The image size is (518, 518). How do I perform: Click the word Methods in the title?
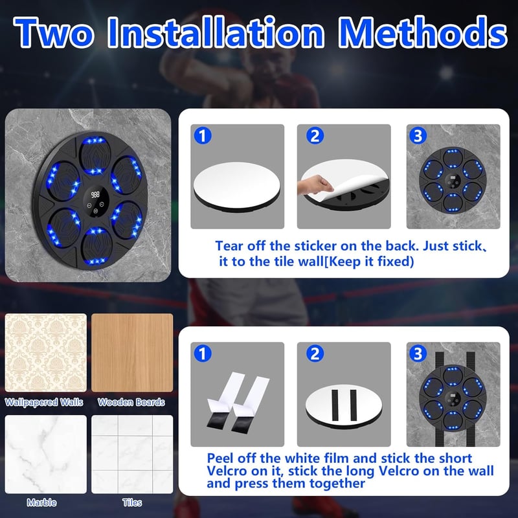pyautogui.click(x=423, y=32)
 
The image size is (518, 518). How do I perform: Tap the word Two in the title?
pyautogui.click(x=54, y=32)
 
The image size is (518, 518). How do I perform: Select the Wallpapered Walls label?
pyautogui.click(x=44, y=402)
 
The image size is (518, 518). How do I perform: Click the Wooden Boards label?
pyautogui.click(x=131, y=402)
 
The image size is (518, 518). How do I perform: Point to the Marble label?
pyautogui.click(x=41, y=502)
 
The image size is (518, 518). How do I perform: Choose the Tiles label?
pyautogui.click(x=132, y=502)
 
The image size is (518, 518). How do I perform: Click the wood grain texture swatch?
pyautogui.click(x=132, y=352)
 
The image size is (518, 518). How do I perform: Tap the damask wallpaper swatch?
pyautogui.click(x=45, y=352)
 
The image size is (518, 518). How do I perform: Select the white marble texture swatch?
pyautogui.click(x=45, y=455)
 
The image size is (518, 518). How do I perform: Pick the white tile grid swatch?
pyautogui.click(x=132, y=455)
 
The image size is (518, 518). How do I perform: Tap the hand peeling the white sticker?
pyautogui.click(x=315, y=185)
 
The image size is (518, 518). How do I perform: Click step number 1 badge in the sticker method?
pyautogui.click(x=203, y=136)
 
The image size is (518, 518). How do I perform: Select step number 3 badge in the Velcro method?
pyautogui.click(x=418, y=354)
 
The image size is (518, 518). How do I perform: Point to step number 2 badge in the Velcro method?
pyautogui.click(x=315, y=354)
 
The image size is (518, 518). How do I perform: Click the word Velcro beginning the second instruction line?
pyautogui.click(x=227, y=471)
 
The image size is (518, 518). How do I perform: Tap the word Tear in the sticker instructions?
pyautogui.click(x=229, y=246)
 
